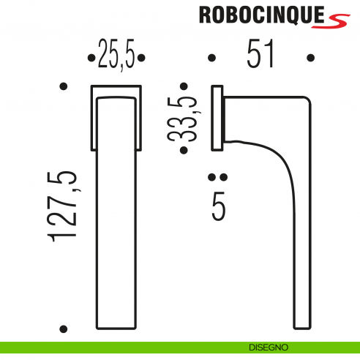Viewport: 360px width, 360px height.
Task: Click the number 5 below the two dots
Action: coord(218,206)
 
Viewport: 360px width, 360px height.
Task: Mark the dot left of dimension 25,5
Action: coord(90,57)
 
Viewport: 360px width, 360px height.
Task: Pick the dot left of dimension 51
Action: coord(211,57)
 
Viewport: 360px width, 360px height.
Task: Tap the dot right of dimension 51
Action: coord(310,57)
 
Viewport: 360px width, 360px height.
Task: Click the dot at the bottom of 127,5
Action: coord(63,329)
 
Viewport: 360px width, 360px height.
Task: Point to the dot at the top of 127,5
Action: coord(63,87)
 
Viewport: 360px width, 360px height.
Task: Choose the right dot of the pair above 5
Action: coord(223,177)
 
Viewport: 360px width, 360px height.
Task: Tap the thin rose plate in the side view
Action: coord(217,118)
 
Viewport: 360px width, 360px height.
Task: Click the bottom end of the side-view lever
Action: coord(304,328)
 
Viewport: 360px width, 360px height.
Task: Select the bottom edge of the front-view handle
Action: coord(116,329)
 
